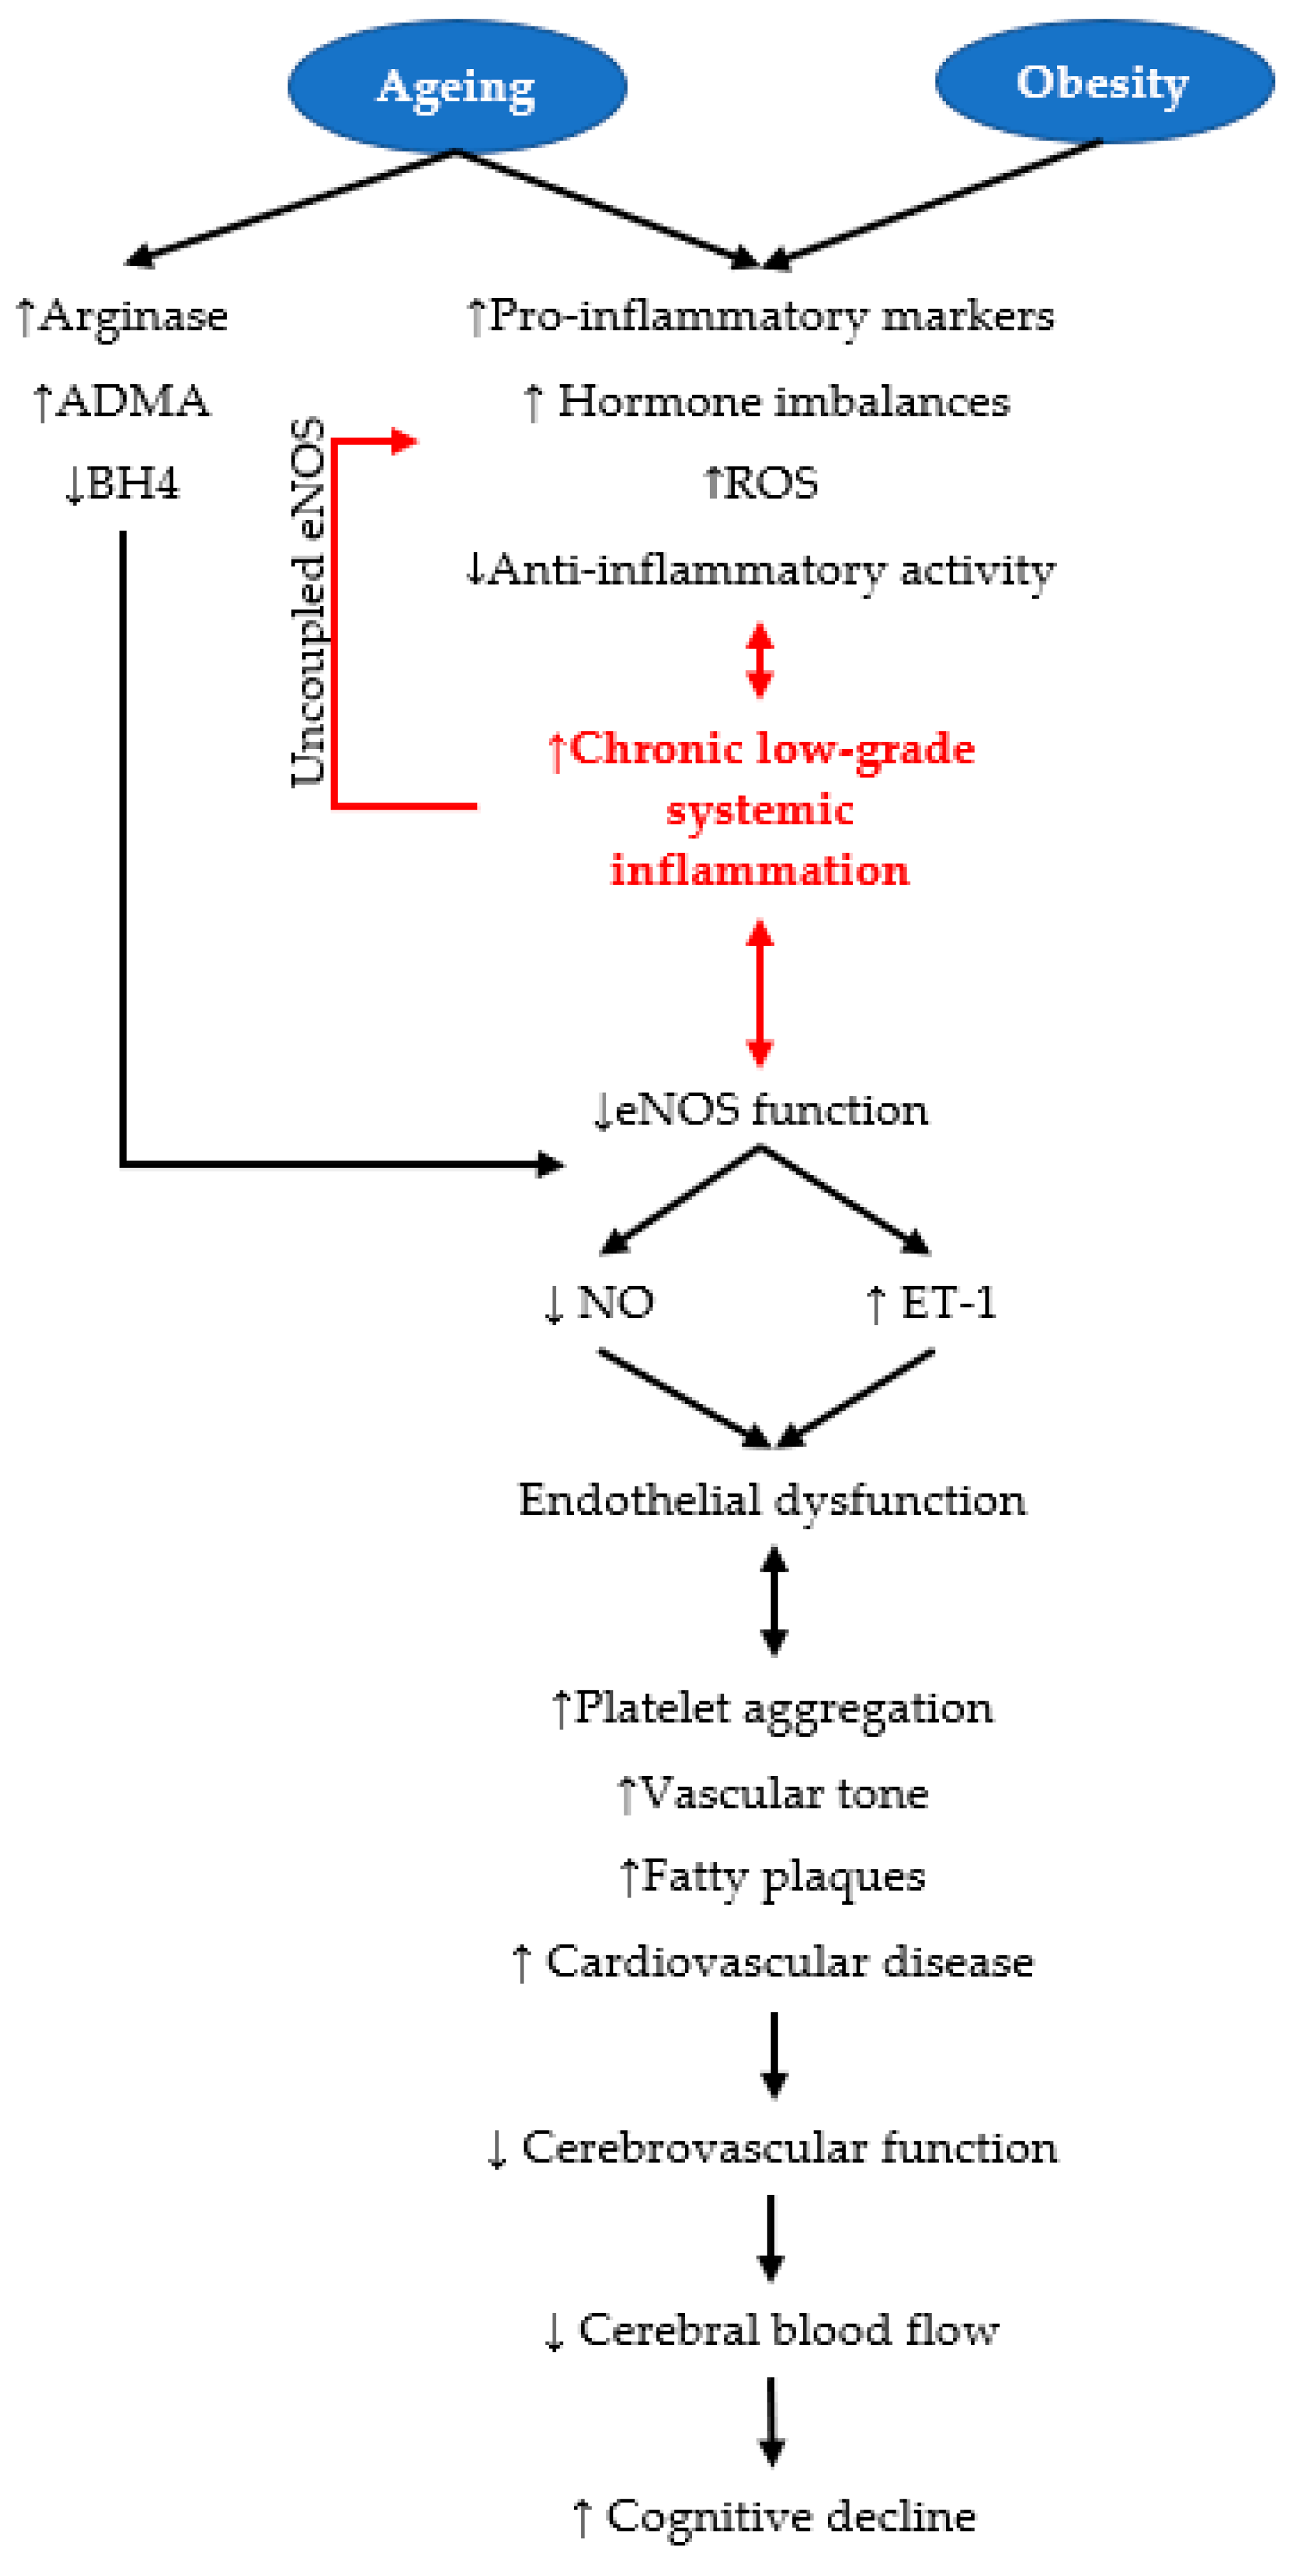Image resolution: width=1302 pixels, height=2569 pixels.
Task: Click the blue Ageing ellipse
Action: [457, 86]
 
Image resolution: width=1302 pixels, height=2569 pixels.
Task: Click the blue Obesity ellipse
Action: [1103, 82]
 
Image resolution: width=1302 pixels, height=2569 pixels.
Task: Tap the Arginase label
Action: [133, 316]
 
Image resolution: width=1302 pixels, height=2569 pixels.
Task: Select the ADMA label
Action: [133, 401]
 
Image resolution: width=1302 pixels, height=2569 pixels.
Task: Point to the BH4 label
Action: [133, 484]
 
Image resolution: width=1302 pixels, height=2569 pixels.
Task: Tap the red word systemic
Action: [760, 810]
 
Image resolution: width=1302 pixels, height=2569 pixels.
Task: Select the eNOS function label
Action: [772, 1110]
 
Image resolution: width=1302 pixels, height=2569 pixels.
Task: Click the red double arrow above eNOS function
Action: [760, 992]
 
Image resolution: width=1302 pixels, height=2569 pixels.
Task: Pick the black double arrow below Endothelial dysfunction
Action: [774, 1601]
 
